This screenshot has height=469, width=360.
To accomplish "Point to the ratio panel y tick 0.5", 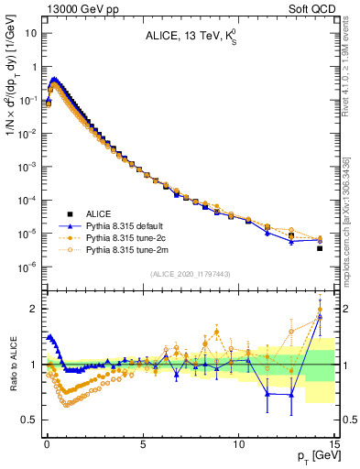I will coord(30,420).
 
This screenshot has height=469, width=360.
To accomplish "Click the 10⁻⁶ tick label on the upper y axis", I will coord(28,267).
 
